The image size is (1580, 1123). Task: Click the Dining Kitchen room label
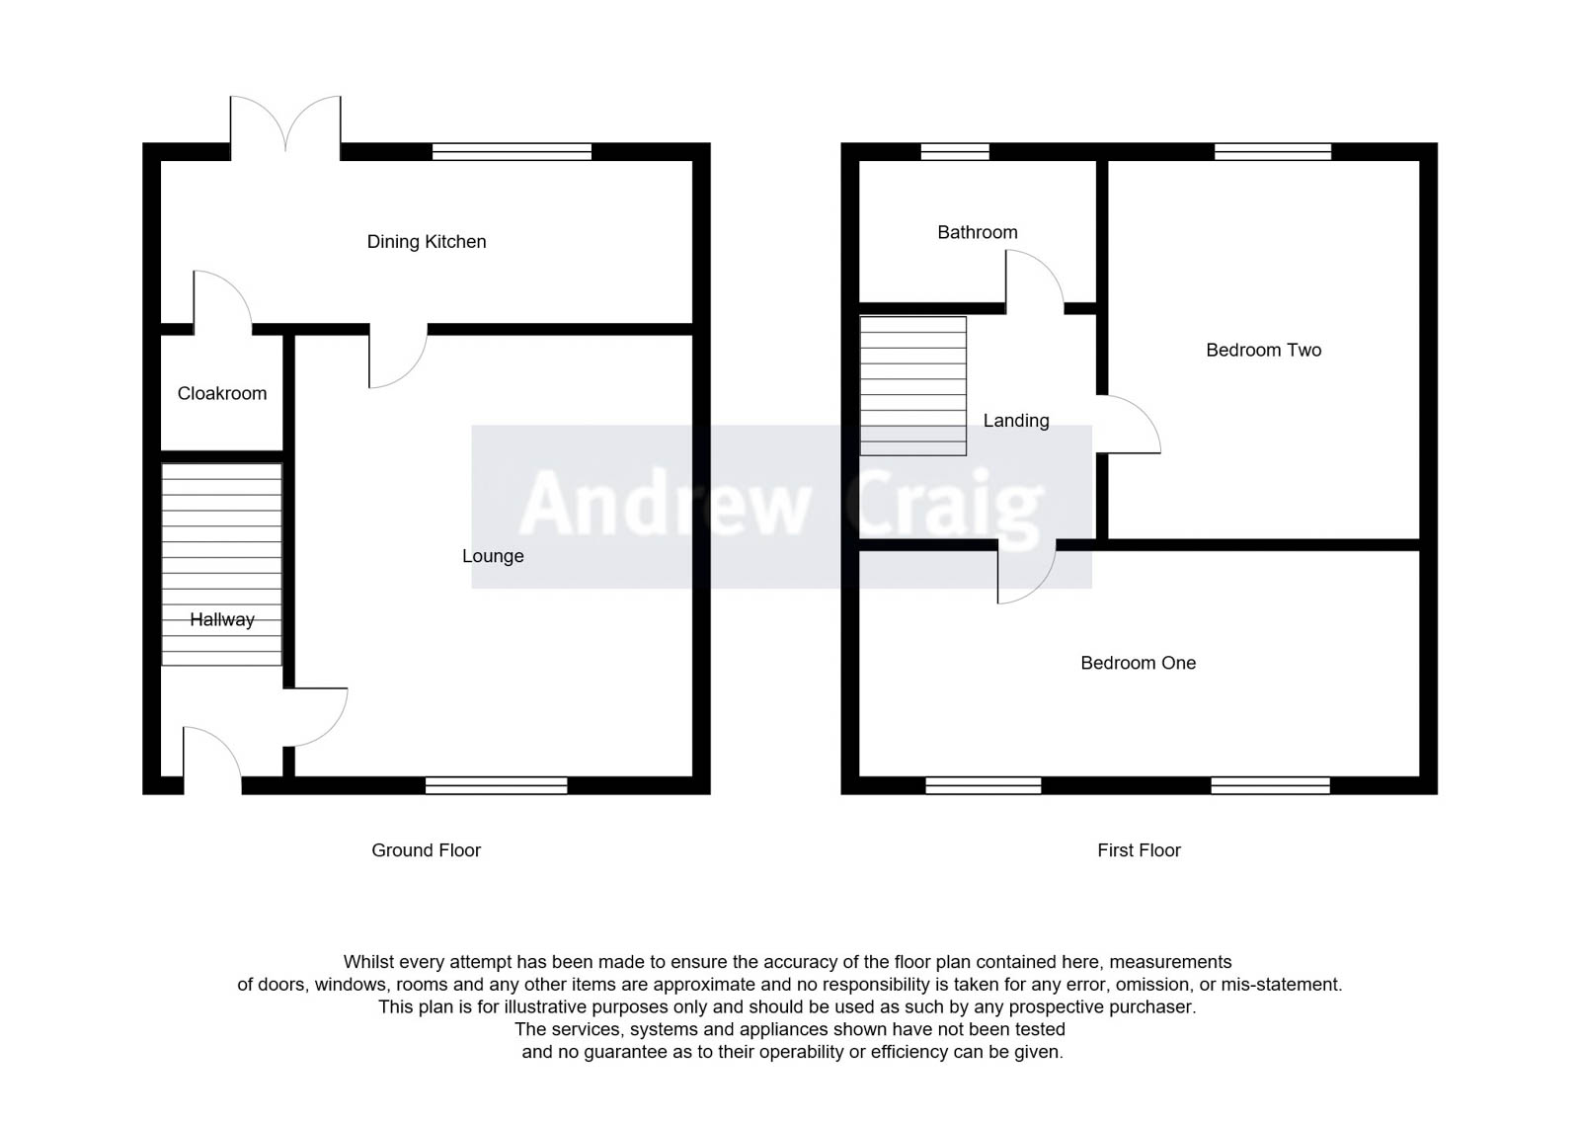point(427,242)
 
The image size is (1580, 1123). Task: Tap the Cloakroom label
point(222,393)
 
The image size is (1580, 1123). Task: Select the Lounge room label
point(493,556)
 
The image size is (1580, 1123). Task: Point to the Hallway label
point(222,619)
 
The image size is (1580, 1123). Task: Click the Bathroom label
point(977,232)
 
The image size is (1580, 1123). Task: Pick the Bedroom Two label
point(1263,350)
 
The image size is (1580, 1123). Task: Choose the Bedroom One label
point(1138,663)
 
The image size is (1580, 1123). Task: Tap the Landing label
point(1016,421)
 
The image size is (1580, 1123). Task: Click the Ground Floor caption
point(426,850)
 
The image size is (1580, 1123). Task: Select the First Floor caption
point(1139,850)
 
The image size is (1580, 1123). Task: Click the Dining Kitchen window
point(512,151)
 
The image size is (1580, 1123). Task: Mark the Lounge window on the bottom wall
point(496,785)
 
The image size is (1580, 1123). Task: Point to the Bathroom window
point(955,151)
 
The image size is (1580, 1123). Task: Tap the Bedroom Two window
point(1272,151)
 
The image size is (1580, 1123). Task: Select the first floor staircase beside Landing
point(912,385)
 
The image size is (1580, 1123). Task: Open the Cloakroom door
point(221,301)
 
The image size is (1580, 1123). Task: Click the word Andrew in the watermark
point(665,505)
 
